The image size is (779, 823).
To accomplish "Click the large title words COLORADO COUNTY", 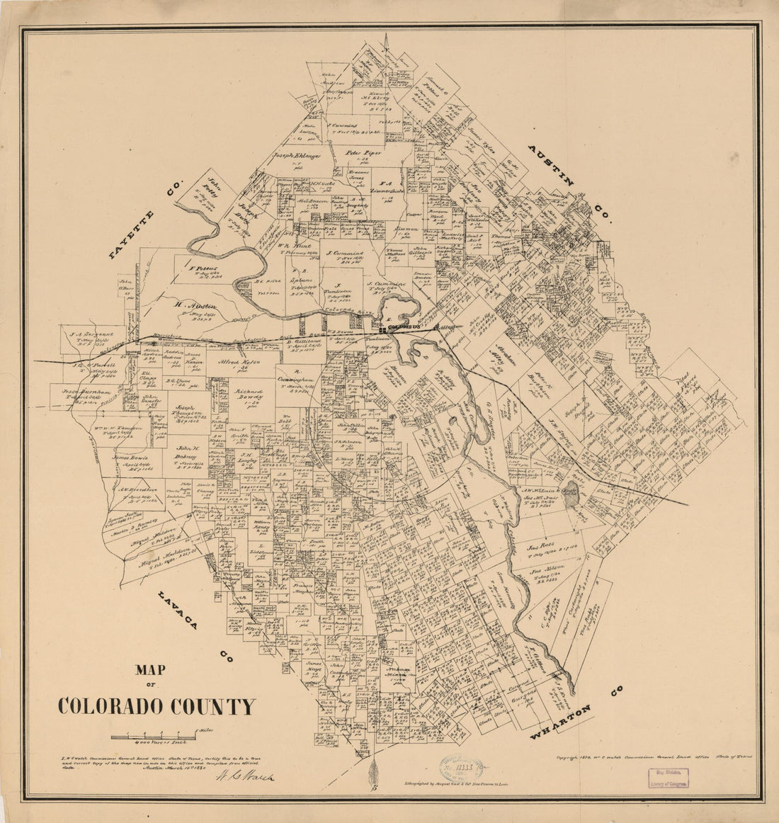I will pyautogui.click(x=157, y=707).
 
